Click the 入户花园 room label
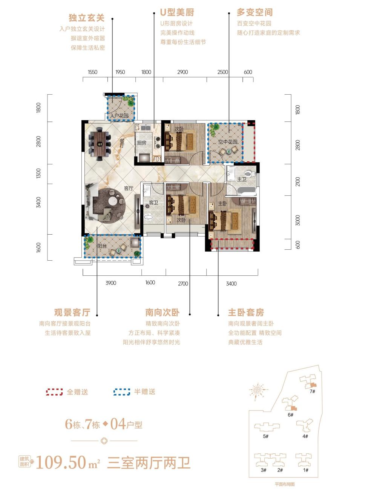click(x=119, y=116)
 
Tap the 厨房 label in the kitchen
click(x=142, y=143)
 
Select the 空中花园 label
click(x=228, y=142)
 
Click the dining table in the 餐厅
click(x=100, y=144)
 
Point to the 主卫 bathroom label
click(x=241, y=179)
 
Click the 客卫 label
click(x=153, y=203)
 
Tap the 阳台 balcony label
click(x=102, y=246)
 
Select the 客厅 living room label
click(x=129, y=188)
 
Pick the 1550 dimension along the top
click(x=92, y=72)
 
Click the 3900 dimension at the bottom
click(x=111, y=283)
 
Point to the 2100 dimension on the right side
click(x=298, y=181)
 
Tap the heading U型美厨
click(x=177, y=12)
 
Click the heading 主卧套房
click(x=246, y=313)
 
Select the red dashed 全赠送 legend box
click(x=54, y=392)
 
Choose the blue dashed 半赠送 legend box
click(x=122, y=392)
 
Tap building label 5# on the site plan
click(x=265, y=436)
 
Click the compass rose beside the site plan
click(x=258, y=389)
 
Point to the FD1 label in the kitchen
click(x=157, y=159)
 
